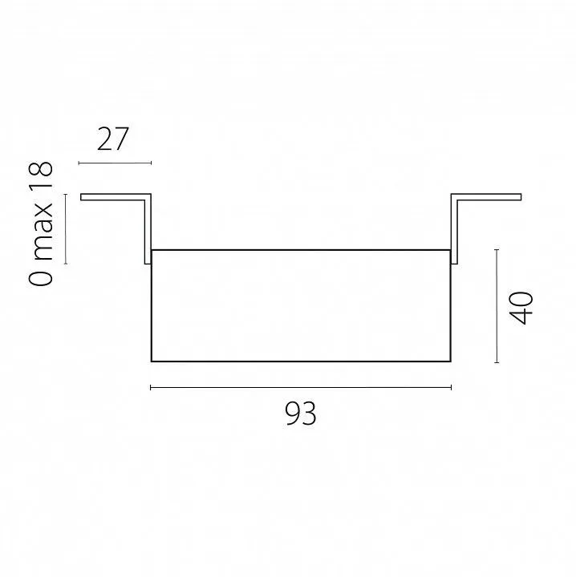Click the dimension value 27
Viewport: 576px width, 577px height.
click(112, 139)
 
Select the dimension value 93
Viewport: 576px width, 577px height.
click(301, 414)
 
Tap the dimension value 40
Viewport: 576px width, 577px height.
click(521, 308)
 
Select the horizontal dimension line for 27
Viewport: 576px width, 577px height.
click(115, 163)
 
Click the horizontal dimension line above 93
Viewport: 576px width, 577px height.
click(301, 387)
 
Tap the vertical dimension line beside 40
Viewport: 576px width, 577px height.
click(497, 306)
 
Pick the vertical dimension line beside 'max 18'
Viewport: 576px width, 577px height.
click(66, 229)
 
